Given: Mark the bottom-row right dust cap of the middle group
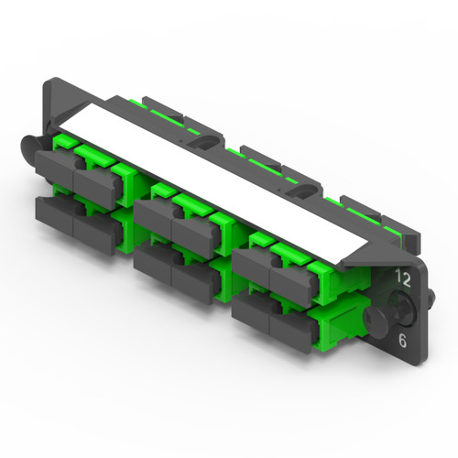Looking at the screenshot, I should pos(191,273).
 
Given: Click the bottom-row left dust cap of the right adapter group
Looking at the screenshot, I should pos(250,307).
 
